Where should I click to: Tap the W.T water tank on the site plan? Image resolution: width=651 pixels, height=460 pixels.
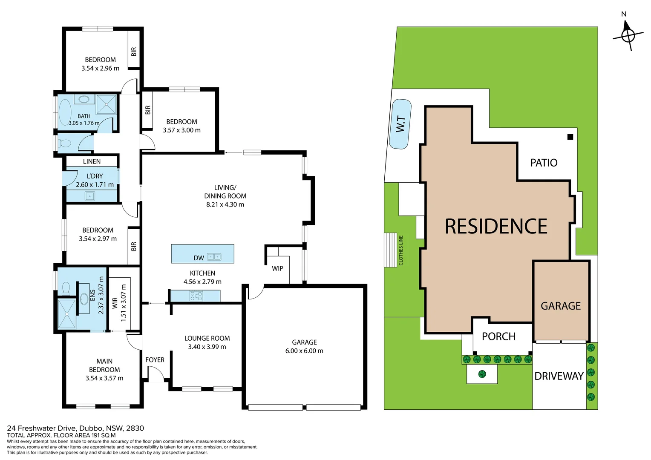(x=400, y=124)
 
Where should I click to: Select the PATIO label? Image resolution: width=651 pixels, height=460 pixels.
(x=544, y=163)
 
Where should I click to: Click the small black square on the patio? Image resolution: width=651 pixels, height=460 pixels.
(x=570, y=137)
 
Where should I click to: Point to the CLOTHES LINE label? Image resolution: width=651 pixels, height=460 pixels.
(x=401, y=250)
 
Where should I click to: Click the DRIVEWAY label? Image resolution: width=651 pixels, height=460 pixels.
(x=559, y=376)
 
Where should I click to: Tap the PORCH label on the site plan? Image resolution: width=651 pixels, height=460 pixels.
(x=498, y=336)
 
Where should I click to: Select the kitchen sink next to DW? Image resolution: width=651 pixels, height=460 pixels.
(x=214, y=257)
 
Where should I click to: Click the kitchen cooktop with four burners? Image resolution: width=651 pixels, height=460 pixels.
(x=196, y=296)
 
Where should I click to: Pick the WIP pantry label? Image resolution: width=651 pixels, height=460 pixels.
(x=277, y=268)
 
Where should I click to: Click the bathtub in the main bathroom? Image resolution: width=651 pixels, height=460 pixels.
(x=65, y=113)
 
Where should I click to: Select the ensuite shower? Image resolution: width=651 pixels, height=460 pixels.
(x=67, y=314)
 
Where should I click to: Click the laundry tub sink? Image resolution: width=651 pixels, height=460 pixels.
(x=90, y=196)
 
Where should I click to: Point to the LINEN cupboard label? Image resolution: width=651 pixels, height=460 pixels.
(x=92, y=161)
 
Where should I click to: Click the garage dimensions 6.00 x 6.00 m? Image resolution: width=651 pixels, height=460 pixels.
(x=304, y=351)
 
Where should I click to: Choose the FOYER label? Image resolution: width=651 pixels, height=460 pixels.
(x=155, y=360)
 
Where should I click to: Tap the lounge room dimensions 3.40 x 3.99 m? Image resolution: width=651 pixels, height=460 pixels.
(x=207, y=347)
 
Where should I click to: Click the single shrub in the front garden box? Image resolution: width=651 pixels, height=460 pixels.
(x=482, y=374)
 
